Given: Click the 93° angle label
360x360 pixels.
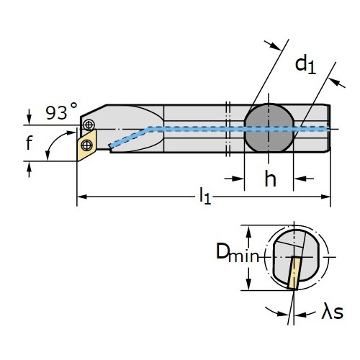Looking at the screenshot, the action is [x=61, y=111].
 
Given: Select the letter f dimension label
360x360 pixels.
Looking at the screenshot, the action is [x=29, y=143].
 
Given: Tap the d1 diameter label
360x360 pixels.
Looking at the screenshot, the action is [x=305, y=65].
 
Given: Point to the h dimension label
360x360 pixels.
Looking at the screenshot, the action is [x=270, y=178].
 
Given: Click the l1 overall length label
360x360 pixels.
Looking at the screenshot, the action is [x=205, y=196].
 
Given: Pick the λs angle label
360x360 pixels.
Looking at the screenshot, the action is [x=333, y=311].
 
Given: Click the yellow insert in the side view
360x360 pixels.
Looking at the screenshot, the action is [x=86, y=145].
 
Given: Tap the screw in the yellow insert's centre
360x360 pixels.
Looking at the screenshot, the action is [x=87, y=145].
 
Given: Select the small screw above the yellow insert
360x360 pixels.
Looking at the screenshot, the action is [x=89, y=125].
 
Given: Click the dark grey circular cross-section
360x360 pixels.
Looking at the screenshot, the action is [x=269, y=128].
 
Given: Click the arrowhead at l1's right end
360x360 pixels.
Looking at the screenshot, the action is [x=325, y=197].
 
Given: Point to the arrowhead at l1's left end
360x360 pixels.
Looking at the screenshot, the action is [x=82, y=197].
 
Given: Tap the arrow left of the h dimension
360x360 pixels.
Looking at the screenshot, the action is [x=234, y=179].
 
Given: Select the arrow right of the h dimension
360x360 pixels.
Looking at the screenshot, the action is [x=304, y=179].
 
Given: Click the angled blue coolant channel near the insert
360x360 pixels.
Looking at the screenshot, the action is [x=129, y=138].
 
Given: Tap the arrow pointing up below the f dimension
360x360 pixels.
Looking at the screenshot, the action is [x=29, y=169].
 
